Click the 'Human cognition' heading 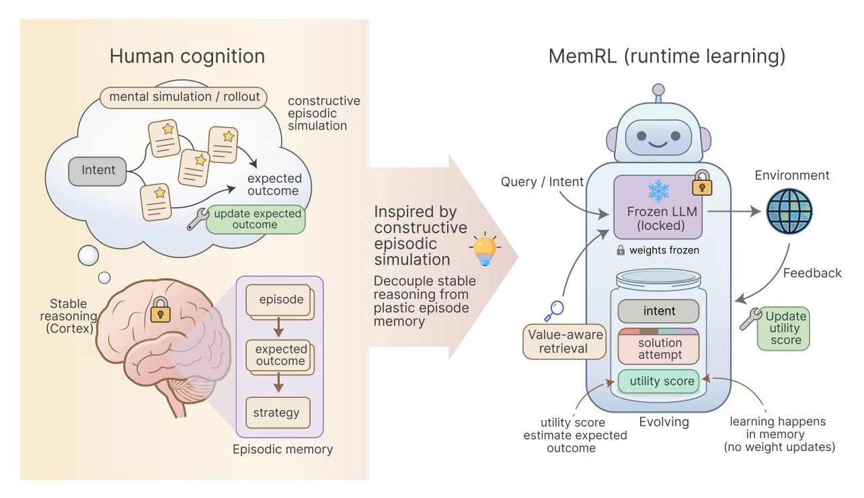pyautogui.click(x=187, y=56)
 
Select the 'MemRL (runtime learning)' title pyautogui.click(x=666, y=56)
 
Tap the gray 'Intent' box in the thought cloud pyautogui.click(x=97, y=170)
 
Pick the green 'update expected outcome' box pyautogui.click(x=255, y=219)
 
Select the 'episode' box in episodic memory pyautogui.click(x=280, y=300)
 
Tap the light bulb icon pyautogui.click(x=483, y=249)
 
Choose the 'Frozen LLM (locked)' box pyautogui.click(x=658, y=218)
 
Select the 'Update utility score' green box pyautogui.click(x=783, y=329)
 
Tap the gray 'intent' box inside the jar pyautogui.click(x=658, y=311)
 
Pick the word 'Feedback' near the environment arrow pyautogui.click(x=812, y=273)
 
